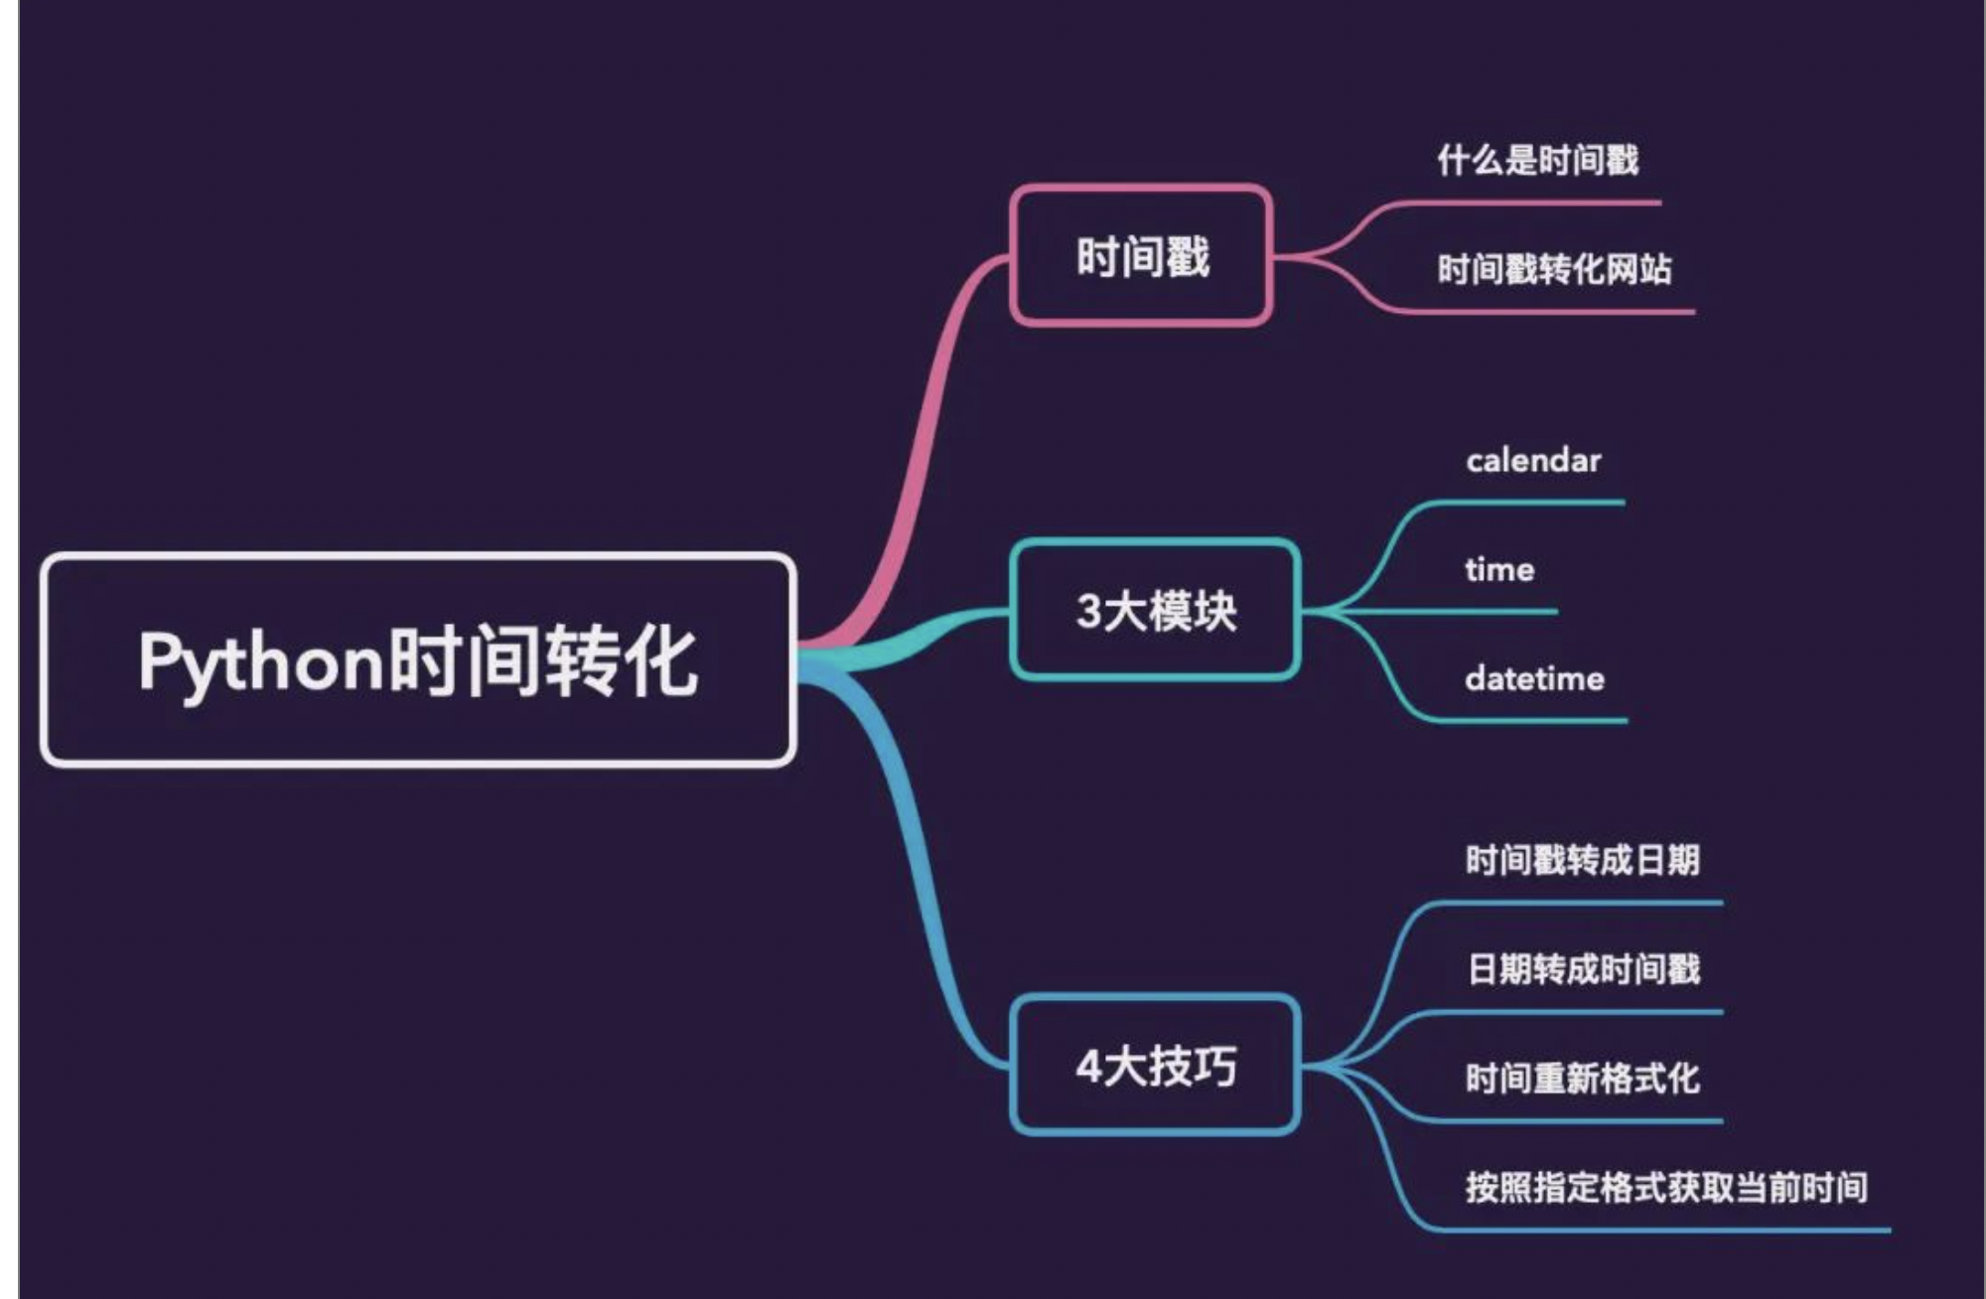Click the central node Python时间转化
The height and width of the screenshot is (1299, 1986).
[x=417, y=660]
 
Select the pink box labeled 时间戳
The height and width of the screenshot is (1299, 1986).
[x=1141, y=256]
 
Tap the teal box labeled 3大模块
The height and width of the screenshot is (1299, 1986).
[x=1155, y=610]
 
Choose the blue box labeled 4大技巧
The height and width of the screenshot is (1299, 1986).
[x=1155, y=1066]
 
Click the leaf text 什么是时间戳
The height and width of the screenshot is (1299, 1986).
[x=1537, y=160]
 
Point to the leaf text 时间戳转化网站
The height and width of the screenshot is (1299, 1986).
[x=1554, y=269]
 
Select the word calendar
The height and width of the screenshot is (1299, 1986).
[x=1533, y=461]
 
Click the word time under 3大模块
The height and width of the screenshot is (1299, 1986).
[x=1499, y=570]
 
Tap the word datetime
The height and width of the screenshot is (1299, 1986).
[x=1534, y=679]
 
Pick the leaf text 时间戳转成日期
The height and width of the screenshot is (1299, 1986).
[x=1582, y=860]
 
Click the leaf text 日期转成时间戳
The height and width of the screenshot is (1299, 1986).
[x=1584, y=969]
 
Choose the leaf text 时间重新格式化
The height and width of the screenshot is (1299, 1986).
[x=1582, y=1079]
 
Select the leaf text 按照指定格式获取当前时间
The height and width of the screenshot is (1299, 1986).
[x=1666, y=1188]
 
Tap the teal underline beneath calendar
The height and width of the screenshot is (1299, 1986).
[x=1529, y=504]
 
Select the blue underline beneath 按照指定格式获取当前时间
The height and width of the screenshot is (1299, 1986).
[x=1668, y=1230]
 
